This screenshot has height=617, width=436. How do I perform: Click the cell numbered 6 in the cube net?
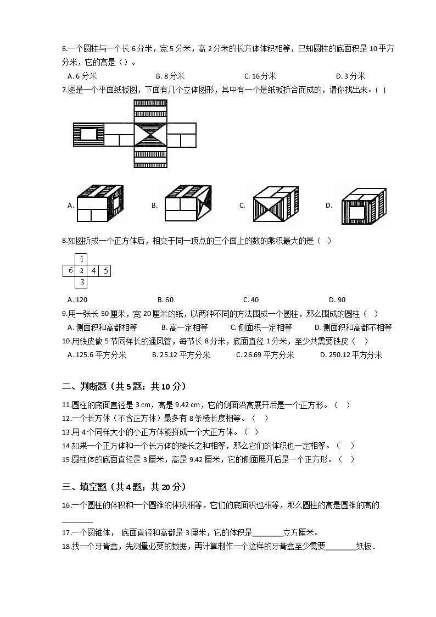(69, 270)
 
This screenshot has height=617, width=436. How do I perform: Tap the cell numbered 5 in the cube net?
(105, 270)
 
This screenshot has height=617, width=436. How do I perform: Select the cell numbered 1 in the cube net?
(81, 259)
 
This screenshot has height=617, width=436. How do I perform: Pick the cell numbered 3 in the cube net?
(81, 282)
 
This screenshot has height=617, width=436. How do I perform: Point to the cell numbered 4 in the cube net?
(93, 270)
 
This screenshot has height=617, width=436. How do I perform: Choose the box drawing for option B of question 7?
(187, 206)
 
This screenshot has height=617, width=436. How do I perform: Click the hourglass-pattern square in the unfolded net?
(150, 134)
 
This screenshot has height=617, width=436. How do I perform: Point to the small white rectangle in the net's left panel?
(89, 134)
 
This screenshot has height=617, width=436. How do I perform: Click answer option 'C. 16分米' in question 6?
(260, 76)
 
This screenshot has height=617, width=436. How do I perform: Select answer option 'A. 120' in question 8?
(77, 300)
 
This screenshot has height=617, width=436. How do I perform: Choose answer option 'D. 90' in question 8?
(337, 300)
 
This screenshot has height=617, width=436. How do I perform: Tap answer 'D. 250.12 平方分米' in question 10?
(351, 355)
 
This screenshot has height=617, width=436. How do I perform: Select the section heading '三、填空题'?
(85, 487)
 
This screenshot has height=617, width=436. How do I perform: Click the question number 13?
(67, 432)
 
